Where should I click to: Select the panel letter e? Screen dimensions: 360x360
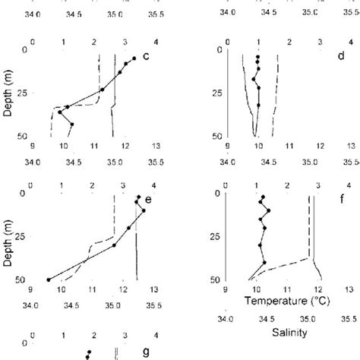click(149, 199)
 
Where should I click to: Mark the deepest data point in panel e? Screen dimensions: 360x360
click(49, 279)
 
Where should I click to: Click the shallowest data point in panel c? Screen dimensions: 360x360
click(134, 58)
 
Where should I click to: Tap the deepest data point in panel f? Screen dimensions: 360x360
click(264, 263)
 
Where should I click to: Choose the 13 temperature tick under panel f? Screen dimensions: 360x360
click(350, 289)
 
